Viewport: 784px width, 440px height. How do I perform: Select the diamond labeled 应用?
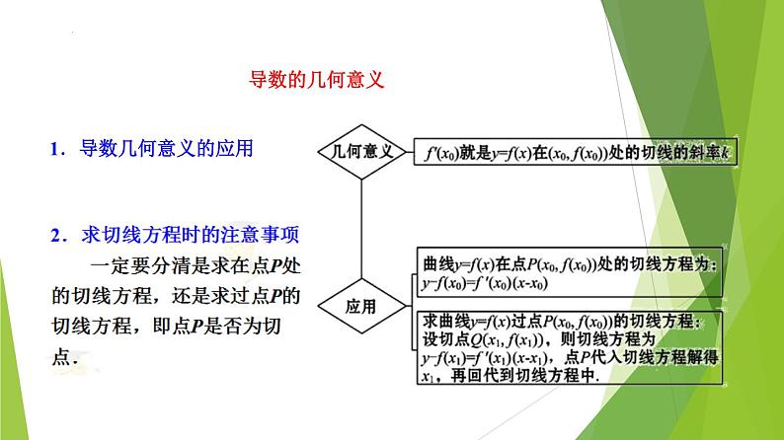360,306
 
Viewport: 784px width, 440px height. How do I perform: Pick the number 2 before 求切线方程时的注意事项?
55,236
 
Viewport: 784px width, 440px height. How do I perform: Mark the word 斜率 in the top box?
702,153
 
